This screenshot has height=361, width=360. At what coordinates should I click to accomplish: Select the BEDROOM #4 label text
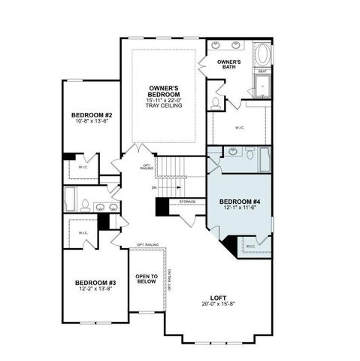pyautogui.click(x=240, y=202)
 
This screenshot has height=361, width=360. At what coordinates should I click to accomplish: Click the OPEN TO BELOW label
pyautogui.click(x=146, y=280)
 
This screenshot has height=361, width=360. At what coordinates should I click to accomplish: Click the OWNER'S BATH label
pyautogui.click(x=228, y=63)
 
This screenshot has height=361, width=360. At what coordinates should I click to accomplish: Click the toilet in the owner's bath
pyautogui.click(x=216, y=102)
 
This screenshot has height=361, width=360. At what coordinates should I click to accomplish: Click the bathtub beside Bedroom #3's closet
pyautogui.click(x=69, y=200)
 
